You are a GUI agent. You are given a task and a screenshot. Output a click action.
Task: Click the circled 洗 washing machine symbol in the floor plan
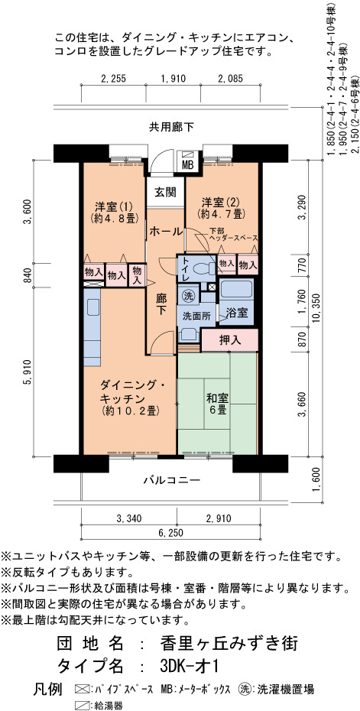(188, 296)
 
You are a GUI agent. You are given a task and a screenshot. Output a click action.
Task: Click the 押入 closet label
(230, 339)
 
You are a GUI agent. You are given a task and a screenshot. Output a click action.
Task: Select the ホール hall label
(166, 231)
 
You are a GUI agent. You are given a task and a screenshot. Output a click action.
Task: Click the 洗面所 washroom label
(196, 316)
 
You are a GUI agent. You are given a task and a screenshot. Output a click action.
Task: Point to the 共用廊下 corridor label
(171, 127)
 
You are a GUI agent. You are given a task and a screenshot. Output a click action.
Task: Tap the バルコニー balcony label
(172, 480)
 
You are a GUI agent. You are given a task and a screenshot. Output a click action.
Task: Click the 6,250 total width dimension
(171, 533)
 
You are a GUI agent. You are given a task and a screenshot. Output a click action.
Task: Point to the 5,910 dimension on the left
(28, 372)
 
